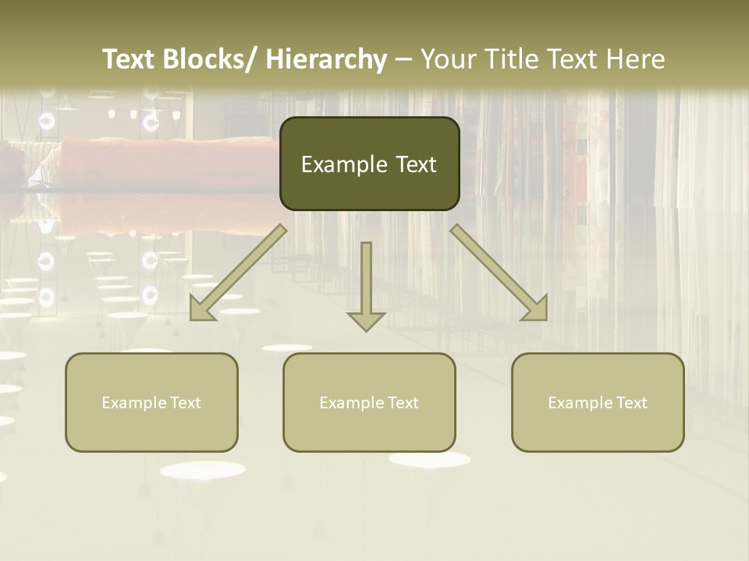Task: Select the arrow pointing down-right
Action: pyautogui.click(x=499, y=273)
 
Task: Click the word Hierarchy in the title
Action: pyautogui.click(x=326, y=59)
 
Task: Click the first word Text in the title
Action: pyautogui.click(x=130, y=59)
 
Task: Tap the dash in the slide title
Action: pyautogui.click(x=403, y=61)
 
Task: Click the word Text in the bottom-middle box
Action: pyautogui.click(x=401, y=403)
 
